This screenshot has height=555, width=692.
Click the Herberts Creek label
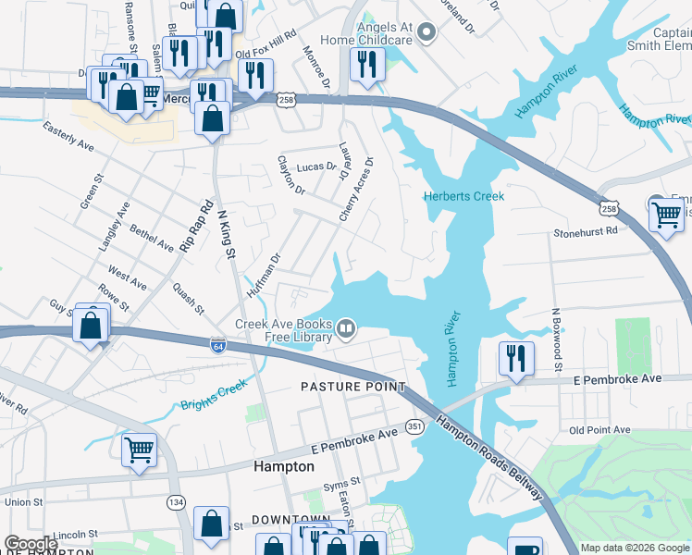click(x=463, y=196)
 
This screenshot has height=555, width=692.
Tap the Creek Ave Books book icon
click(x=346, y=328)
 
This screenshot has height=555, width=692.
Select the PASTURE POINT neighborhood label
click(x=352, y=386)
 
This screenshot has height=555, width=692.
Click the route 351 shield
click(x=414, y=426)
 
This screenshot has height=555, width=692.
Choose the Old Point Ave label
click(x=599, y=430)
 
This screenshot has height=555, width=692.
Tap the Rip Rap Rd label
click(x=196, y=226)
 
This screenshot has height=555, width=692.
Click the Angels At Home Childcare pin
click(x=426, y=34)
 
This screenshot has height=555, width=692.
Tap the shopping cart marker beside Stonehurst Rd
click(x=666, y=215)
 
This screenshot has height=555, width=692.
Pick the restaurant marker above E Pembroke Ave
click(x=513, y=358)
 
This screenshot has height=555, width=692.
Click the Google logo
click(x=31, y=545)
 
